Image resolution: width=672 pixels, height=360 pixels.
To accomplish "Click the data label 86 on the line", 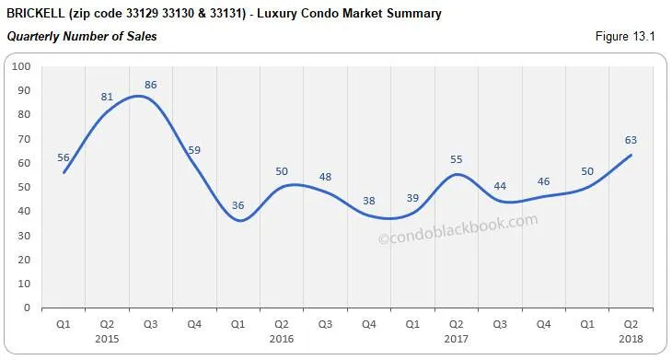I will point(151,85).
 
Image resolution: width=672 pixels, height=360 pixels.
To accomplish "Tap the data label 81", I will point(107,96).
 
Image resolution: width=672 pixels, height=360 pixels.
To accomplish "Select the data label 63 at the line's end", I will point(631,140).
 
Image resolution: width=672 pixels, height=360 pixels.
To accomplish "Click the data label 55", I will point(456,159).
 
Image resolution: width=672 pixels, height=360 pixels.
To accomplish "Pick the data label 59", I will point(194,149).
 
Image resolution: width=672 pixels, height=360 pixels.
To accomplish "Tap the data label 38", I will point(369,201).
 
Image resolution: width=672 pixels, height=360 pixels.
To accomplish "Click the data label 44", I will point(500,186).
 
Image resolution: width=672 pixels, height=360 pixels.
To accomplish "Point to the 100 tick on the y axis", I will point(22,67).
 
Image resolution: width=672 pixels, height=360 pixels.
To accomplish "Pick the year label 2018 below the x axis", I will point(631,337).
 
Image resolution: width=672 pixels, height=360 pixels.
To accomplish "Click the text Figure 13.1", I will point(627,37).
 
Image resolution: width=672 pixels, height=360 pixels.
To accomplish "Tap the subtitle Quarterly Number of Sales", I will point(82,37).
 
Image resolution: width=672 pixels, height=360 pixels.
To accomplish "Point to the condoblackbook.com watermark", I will point(458,230).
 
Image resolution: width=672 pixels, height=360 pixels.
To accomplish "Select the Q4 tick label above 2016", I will point(368,323).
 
